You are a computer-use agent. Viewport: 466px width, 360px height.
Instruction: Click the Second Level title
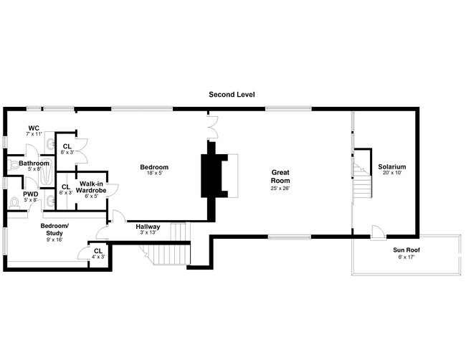point(232,95)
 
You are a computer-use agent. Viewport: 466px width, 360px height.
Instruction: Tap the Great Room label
point(280,176)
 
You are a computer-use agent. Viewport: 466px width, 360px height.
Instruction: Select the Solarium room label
point(391,166)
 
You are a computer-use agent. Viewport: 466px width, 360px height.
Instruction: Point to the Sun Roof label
point(406,250)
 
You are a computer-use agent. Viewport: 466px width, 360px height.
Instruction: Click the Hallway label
point(148,227)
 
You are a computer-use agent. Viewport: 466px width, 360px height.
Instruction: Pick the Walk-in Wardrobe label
point(91,187)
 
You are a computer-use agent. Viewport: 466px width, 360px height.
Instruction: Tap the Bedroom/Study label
point(54,229)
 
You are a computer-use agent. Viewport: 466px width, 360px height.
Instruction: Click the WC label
point(34,128)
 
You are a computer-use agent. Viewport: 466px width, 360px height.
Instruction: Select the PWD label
point(31,194)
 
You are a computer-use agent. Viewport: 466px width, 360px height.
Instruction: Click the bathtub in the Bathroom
point(46,172)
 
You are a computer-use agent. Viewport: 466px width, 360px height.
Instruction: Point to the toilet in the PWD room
point(14,202)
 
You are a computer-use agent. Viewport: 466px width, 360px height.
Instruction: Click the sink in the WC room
point(50,144)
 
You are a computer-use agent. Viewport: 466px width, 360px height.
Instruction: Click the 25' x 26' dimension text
point(280,188)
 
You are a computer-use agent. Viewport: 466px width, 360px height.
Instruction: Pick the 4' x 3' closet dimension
point(98,257)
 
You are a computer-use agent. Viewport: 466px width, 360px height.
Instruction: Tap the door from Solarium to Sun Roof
point(378,233)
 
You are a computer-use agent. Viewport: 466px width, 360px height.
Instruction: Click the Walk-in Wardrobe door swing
point(113,190)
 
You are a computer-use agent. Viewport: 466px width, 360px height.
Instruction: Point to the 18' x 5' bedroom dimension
point(154,173)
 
